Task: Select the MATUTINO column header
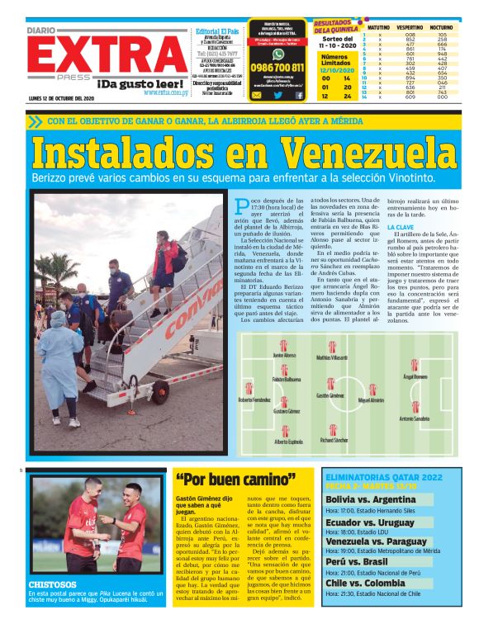point(378,27)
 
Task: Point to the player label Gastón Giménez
point(330,396)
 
